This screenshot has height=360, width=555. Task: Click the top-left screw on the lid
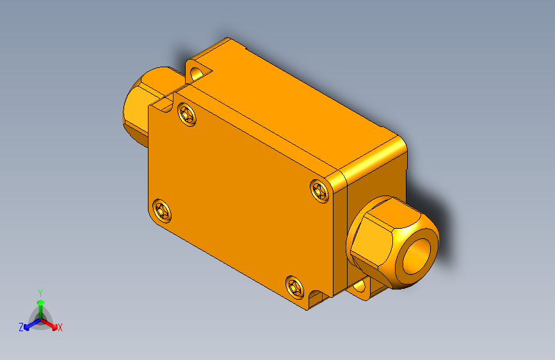(x=187, y=115)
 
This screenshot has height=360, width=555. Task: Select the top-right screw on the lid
(x=319, y=190)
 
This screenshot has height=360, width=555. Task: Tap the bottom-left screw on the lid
(x=161, y=209)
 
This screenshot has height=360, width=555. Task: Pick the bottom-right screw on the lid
(x=294, y=286)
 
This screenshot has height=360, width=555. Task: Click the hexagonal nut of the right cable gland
(x=371, y=237)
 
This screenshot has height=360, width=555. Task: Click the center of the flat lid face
(x=240, y=199)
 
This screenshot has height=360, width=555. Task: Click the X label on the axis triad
(x=60, y=327)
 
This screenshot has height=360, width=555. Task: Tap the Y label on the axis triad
(x=40, y=291)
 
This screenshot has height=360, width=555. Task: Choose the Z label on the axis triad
(x=21, y=327)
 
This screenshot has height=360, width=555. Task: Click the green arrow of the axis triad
(x=40, y=304)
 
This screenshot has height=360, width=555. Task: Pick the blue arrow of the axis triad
(x=29, y=325)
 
